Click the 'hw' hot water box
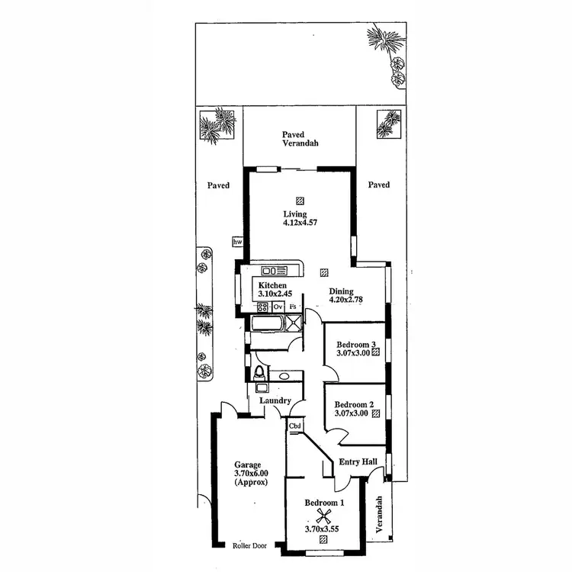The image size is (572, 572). pos(237,242)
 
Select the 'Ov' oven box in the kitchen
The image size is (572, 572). pos(278,307)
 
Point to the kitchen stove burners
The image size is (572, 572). pos(262,307)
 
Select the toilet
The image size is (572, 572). pos(260,373)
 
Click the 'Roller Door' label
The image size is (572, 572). pos(250,545)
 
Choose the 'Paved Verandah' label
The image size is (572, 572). pos(299,139)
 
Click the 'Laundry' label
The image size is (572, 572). pos(275,401)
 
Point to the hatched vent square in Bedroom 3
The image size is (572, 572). pos(375,352)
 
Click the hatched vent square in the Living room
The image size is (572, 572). pos(300,200)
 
